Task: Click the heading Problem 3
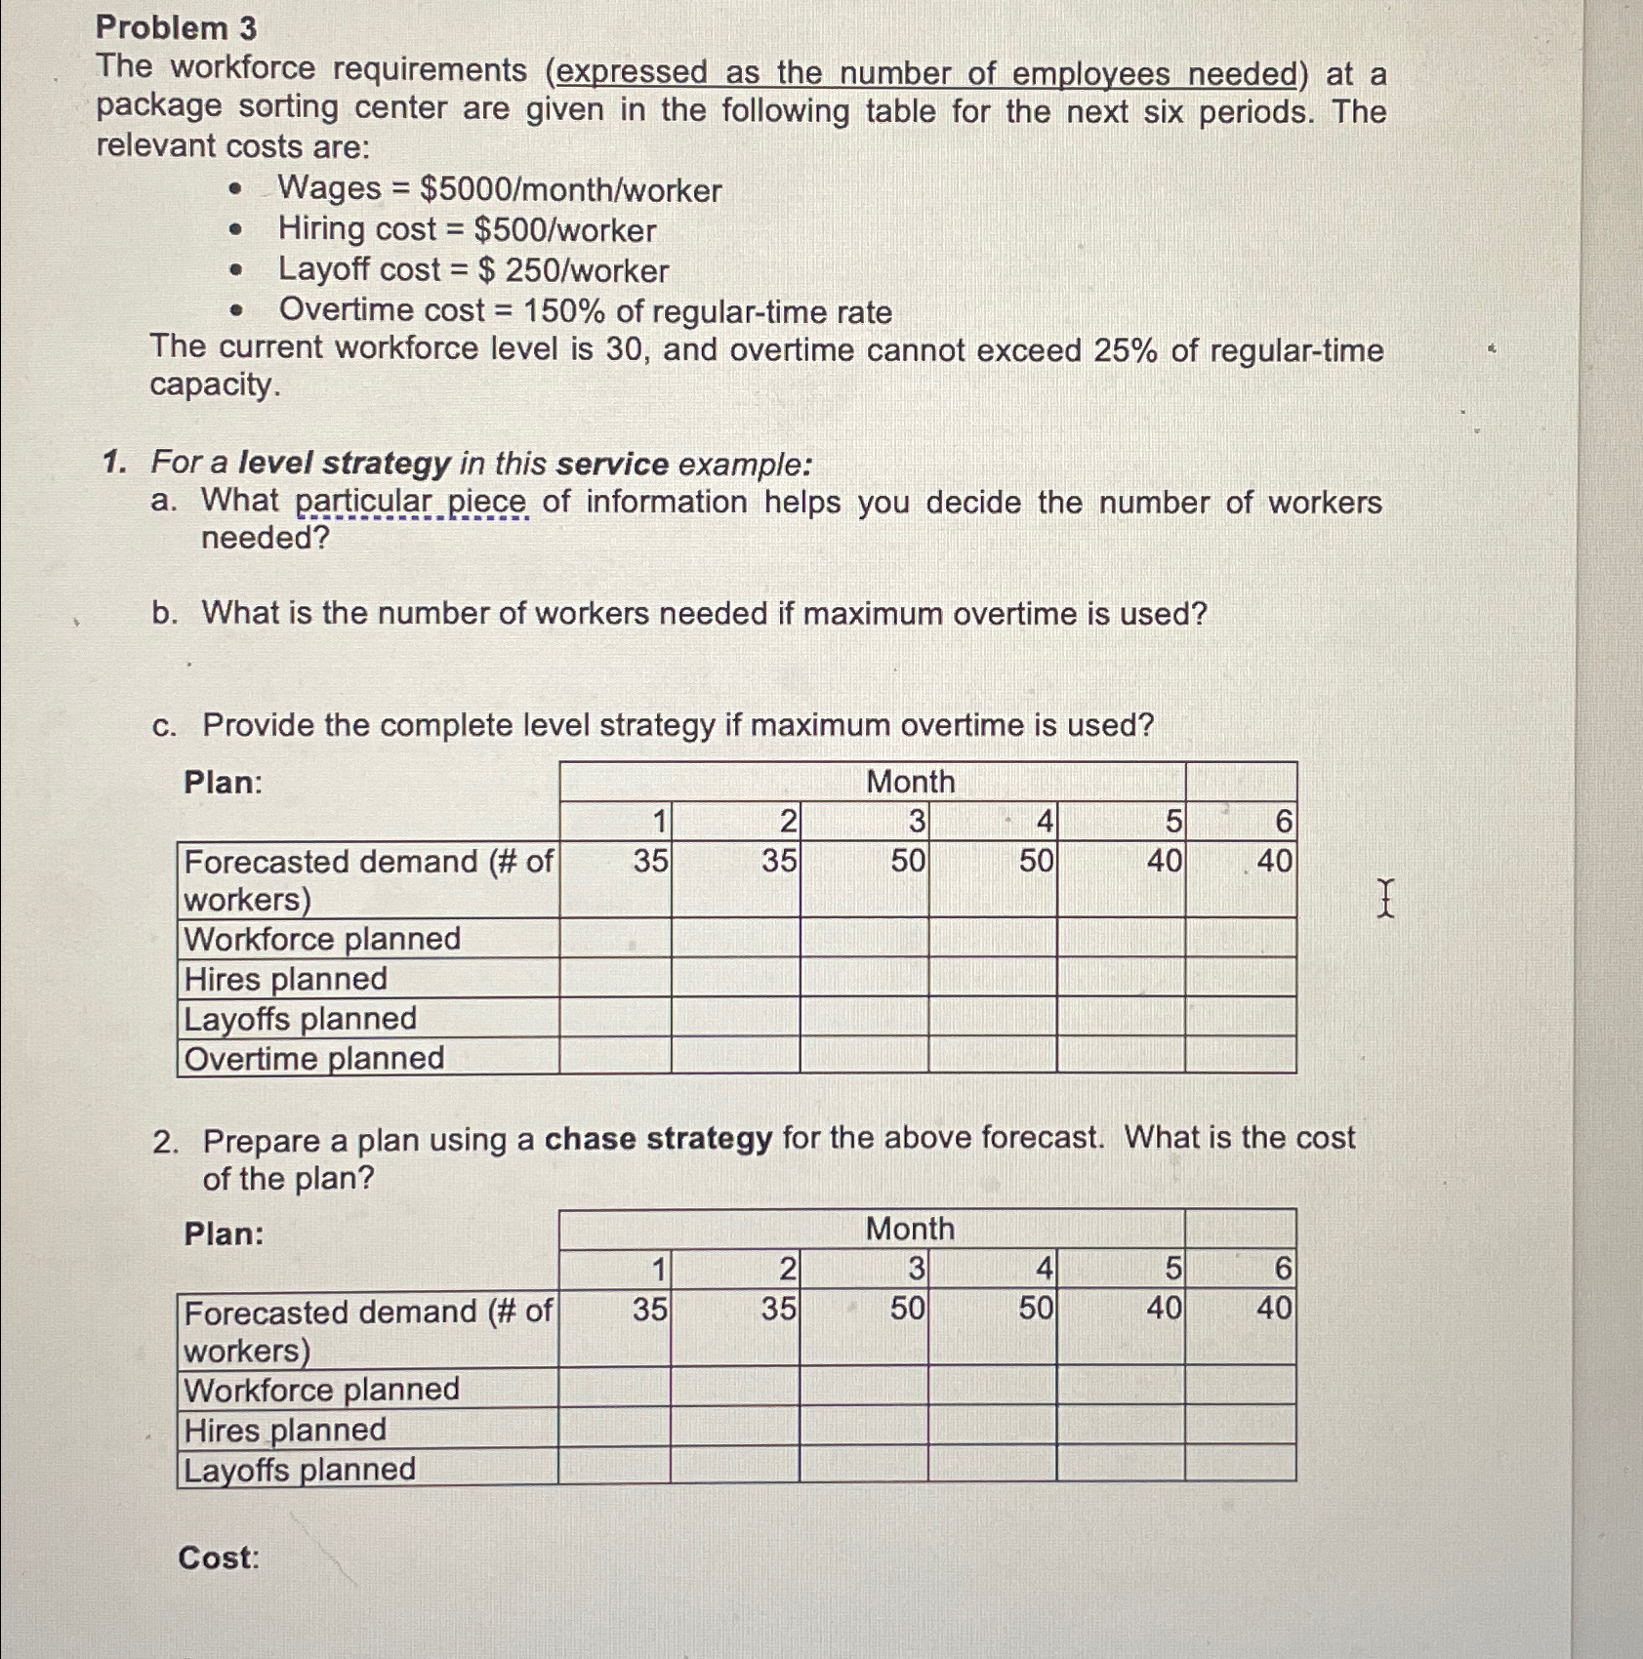177,27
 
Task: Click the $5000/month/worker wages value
570,189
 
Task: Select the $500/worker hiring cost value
564,230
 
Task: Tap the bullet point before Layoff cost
234,271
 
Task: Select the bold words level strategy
344,463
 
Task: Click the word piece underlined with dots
486,502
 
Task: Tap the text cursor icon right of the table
1384,897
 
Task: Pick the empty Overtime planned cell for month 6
1240,1056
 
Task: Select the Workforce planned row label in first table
322,939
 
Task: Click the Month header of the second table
910,1229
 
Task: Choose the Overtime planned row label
314,1059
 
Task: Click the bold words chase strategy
658,1139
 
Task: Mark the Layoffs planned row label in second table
300,1470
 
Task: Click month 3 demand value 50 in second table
907,1308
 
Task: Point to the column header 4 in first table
1044,824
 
